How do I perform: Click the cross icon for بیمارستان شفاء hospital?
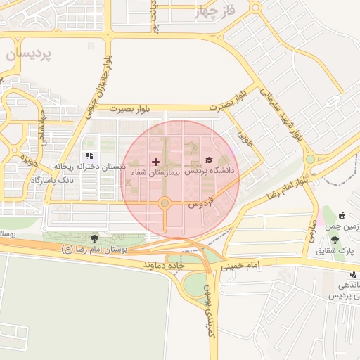coord(155,162)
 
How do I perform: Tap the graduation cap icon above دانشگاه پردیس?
coord(207,161)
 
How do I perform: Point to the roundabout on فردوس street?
coord(165,204)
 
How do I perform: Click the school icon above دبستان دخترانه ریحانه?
coord(89,156)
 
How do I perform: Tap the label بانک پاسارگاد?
coord(53,181)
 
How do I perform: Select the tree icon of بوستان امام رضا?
coord(94,239)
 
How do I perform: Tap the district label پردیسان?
coord(28,55)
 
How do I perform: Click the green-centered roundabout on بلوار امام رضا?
coord(310,160)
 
